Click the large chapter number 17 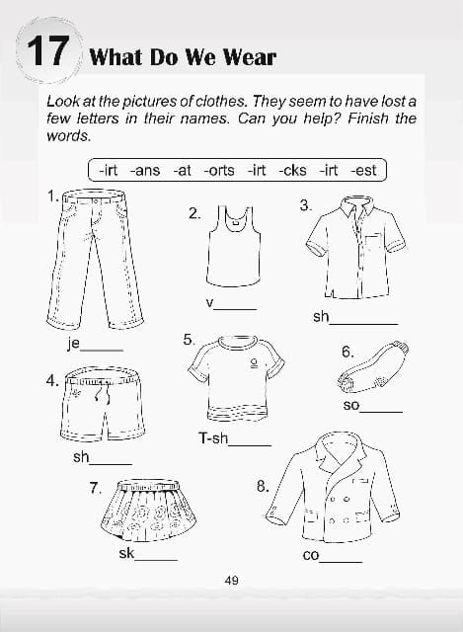pos(47,51)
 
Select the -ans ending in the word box pos(145,170)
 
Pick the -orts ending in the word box pos(219,170)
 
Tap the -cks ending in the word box pos(292,170)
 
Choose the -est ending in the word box pos(363,170)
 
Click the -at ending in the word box pos(182,170)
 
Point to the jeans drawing pos(95,259)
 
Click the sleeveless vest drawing pos(233,246)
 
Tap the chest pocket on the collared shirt pos(373,246)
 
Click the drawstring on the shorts pos(102,391)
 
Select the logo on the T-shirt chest pos(254,363)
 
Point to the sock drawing pos(372,366)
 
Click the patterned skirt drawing pos(148,510)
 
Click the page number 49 pos(232,581)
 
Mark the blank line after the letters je pos(102,351)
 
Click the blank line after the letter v pos(235,309)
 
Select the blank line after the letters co pos(341,562)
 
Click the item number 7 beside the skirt pos(95,488)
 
